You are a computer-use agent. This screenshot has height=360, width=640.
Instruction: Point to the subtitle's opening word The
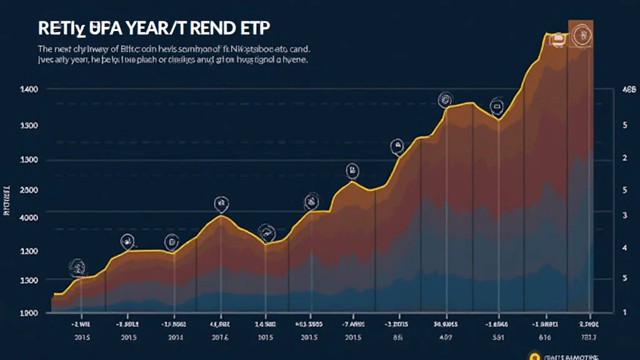click(46, 48)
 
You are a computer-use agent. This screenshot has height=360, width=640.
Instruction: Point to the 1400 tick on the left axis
click(29, 90)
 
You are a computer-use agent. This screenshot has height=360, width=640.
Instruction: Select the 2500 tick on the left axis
click(29, 190)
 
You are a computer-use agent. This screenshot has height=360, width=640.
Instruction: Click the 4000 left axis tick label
click(29, 218)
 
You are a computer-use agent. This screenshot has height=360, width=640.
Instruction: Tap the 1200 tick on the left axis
click(29, 251)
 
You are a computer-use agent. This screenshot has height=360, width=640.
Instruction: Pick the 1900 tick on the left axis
click(29, 312)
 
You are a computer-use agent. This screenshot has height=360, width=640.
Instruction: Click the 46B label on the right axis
click(626, 90)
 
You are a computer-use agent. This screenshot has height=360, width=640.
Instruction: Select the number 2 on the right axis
click(624, 159)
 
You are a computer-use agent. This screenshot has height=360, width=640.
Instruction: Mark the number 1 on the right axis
click(624, 311)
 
